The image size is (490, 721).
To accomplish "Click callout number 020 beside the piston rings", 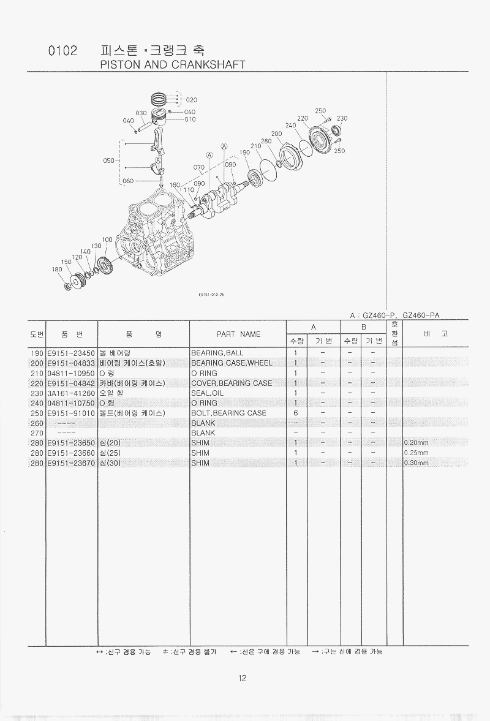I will pos(192,99).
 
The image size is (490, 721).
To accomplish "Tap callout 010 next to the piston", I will pos(190,119).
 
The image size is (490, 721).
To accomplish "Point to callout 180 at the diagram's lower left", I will pos(57,269).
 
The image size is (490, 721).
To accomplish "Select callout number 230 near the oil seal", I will pos(342,118).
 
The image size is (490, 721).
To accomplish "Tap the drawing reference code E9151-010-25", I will pos(212,294).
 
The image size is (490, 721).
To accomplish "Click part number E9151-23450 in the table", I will pos(71,353).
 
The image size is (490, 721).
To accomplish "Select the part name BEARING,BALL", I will pos(217,353).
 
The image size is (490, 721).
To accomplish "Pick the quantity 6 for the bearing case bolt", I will pos(296,413).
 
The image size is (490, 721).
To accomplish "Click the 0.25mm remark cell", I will pos(416,453).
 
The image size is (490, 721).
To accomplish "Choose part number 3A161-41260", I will pos(71,393).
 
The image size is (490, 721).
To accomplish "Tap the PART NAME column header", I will pos(238,334).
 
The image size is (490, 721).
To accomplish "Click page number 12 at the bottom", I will pos(243,678).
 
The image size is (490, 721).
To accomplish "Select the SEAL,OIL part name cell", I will pos(208,393).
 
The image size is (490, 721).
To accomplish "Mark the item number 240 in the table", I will pos(37,403).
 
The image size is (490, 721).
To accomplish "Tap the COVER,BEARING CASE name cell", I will pos(232,383).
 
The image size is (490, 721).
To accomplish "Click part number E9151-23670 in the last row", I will pos(71,462).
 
